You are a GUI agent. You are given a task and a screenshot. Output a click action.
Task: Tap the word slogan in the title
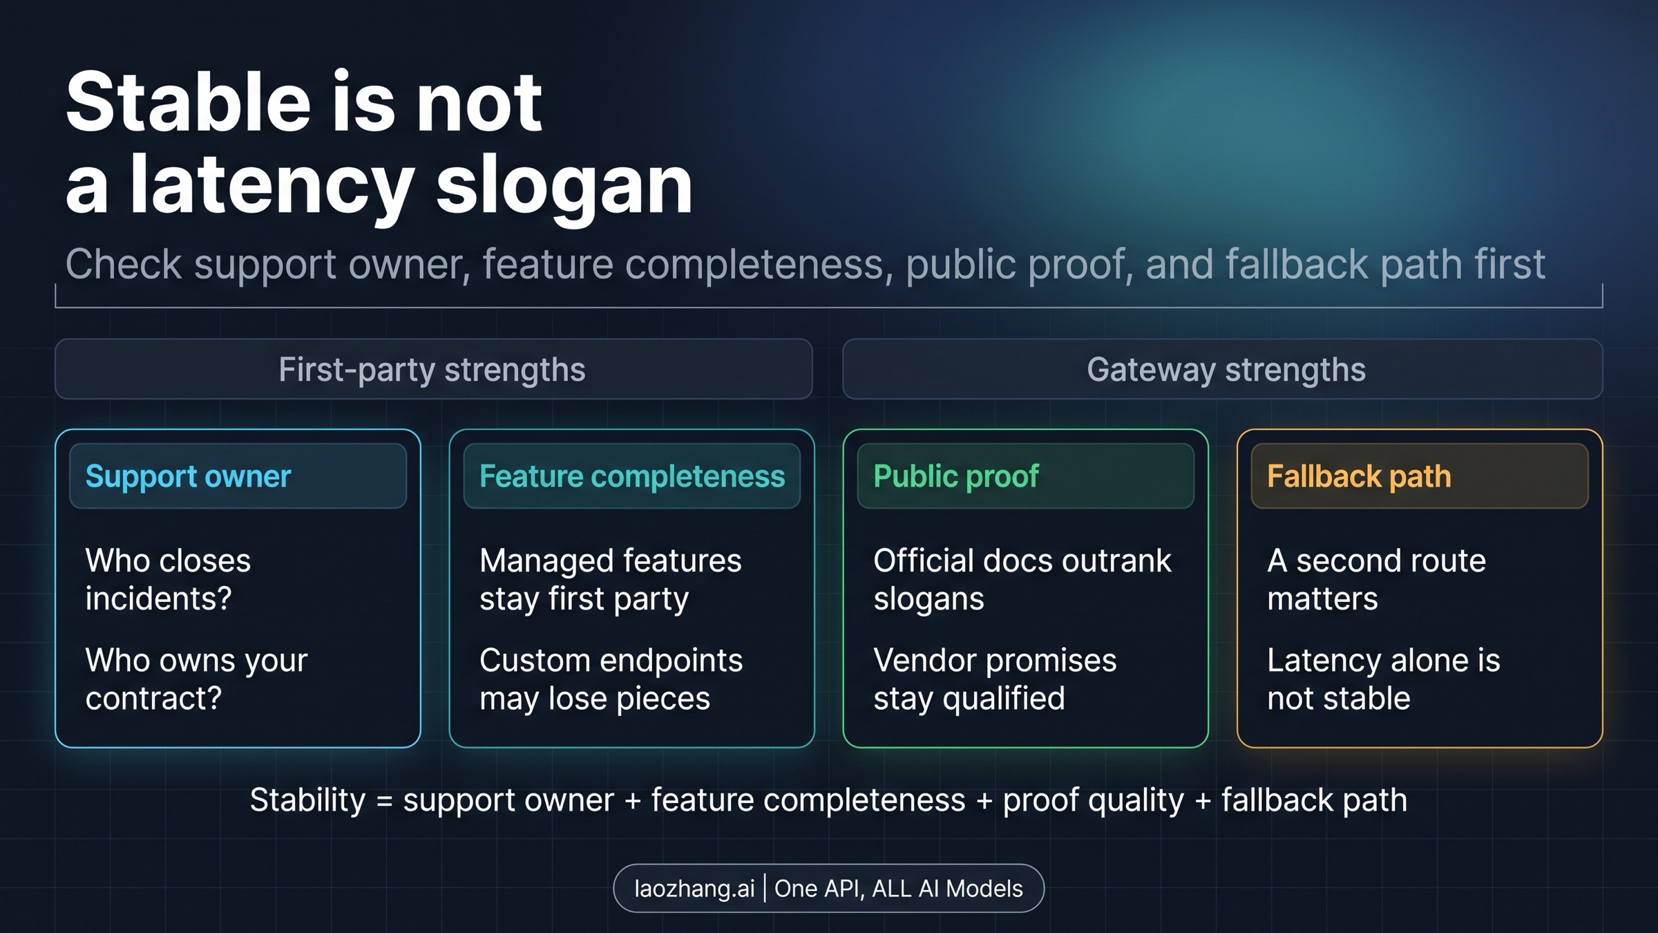(x=564, y=184)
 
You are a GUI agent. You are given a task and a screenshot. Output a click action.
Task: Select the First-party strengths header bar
(x=433, y=369)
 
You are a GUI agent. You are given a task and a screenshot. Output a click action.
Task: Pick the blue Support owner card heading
(x=188, y=476)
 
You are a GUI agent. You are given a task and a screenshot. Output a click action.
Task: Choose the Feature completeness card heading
(x=631, y=476)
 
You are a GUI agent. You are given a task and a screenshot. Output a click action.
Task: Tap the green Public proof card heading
(x=955, y=476)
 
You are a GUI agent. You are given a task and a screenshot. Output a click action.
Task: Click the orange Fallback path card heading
(x=1358, y=476)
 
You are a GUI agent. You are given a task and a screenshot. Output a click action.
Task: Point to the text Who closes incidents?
(x=168, y=579)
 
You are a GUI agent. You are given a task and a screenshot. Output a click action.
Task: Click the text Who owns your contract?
(x=196, y=679)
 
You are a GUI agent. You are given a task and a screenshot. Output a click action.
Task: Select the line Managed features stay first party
(x=610, y=579)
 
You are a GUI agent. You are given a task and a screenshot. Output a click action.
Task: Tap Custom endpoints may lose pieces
(x=611, y=679)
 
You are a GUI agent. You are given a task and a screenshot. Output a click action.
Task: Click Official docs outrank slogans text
(x=1022, y=579)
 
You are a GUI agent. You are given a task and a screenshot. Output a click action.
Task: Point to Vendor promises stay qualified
(x=994, y=679)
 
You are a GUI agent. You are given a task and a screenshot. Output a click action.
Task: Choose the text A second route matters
(x=1375, y=579)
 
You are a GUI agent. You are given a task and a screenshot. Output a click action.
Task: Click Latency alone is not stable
(x=1383, y=679)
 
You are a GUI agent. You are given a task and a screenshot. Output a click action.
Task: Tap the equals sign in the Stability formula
(x=384, y=801)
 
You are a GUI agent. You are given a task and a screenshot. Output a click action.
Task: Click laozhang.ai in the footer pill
(x=694, y=888)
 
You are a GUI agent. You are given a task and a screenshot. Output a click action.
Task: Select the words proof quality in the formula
(x=1093, y=800)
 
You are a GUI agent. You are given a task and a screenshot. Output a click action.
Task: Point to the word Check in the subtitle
(x=123, y=264)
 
